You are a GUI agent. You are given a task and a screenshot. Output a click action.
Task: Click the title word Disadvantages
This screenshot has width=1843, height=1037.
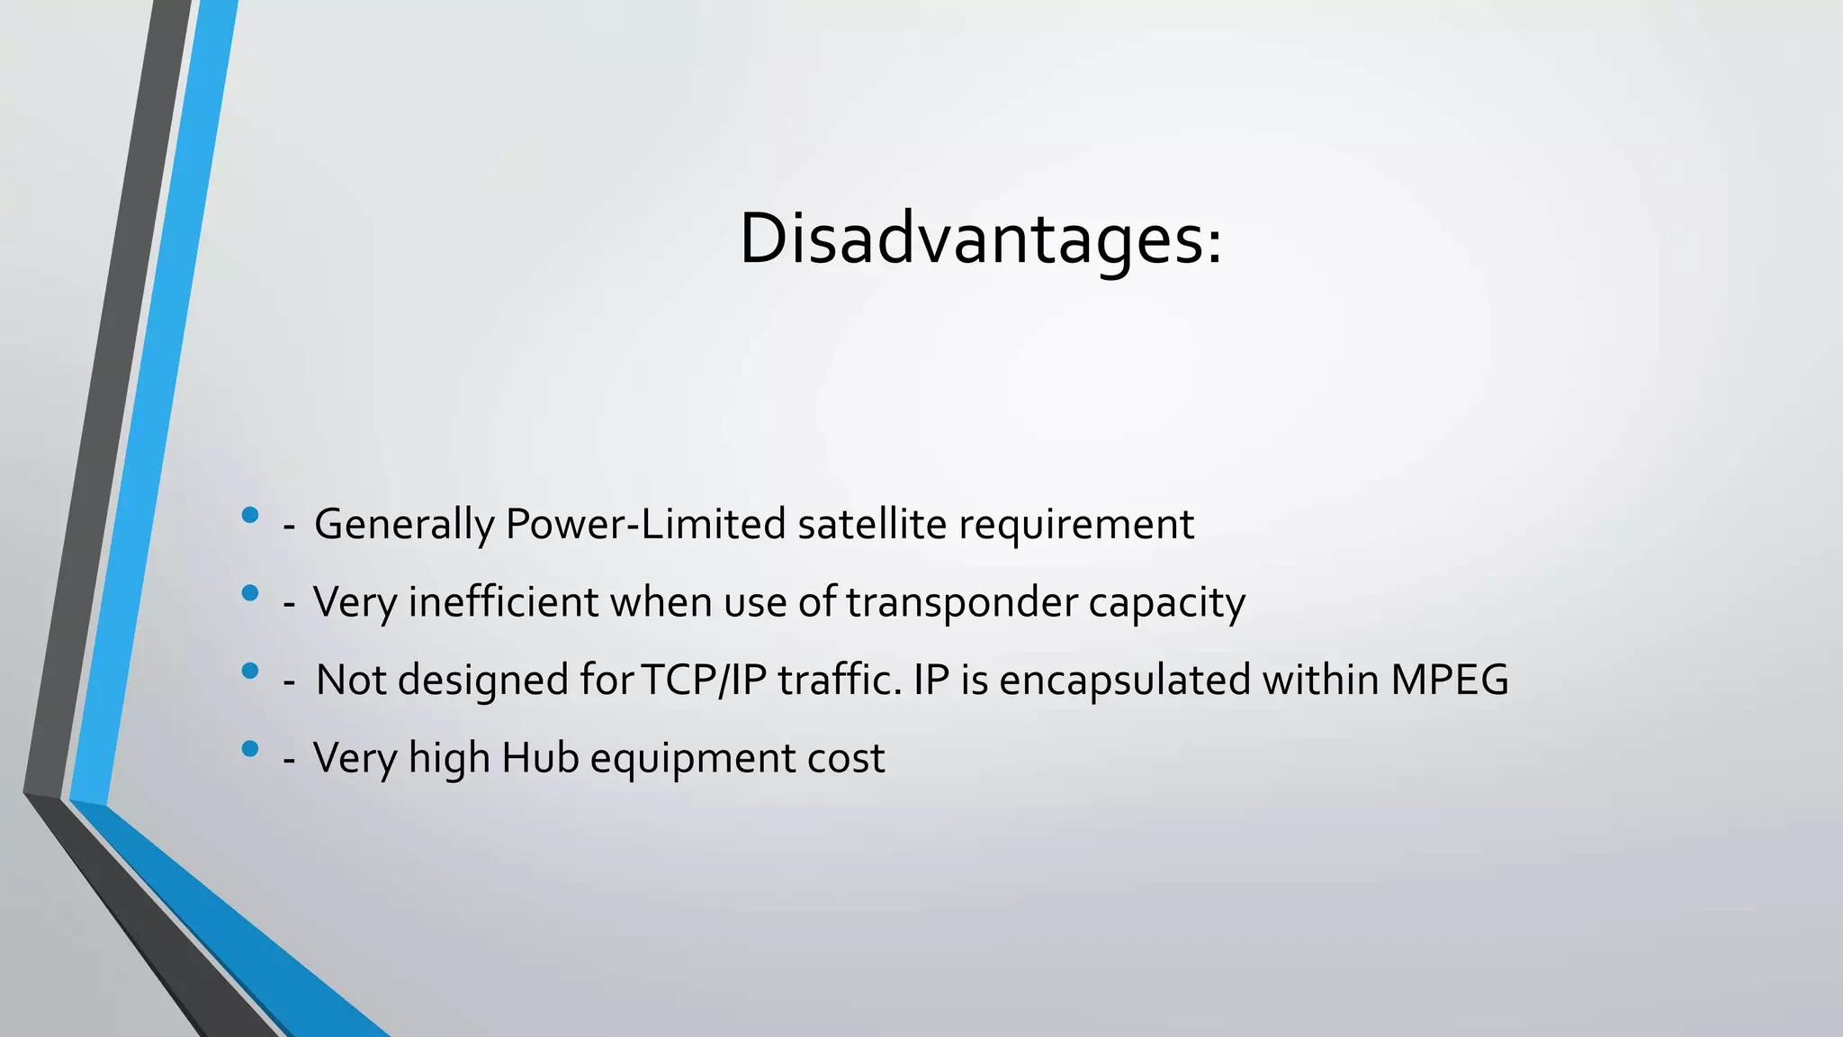click(972, 239)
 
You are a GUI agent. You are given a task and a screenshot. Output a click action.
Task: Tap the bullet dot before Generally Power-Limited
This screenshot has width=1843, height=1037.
click(250, 515)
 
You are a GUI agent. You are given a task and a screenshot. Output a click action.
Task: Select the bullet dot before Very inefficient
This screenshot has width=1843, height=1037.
click(250, 593)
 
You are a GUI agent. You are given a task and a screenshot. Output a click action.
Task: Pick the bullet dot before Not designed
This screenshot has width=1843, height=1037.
click(250, 671)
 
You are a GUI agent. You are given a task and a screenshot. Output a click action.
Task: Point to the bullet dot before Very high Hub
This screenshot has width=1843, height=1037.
click(250, 748)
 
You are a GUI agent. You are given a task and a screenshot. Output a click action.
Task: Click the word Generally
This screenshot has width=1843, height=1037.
click(403, 525)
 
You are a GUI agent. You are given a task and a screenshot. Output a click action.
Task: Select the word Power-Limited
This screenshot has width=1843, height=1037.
click(645, 524)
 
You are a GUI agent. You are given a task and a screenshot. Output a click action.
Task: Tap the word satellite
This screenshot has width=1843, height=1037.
click(871, 524)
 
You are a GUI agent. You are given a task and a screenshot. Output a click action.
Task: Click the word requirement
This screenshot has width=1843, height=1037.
click(1075, 525)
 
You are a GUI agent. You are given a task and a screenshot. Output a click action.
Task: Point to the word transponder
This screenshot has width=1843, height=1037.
click(961, 602)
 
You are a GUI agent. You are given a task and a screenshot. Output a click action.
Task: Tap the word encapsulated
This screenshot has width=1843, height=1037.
click(1124, 680)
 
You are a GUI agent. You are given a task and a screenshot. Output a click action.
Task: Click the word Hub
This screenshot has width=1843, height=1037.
click(540, 757)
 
